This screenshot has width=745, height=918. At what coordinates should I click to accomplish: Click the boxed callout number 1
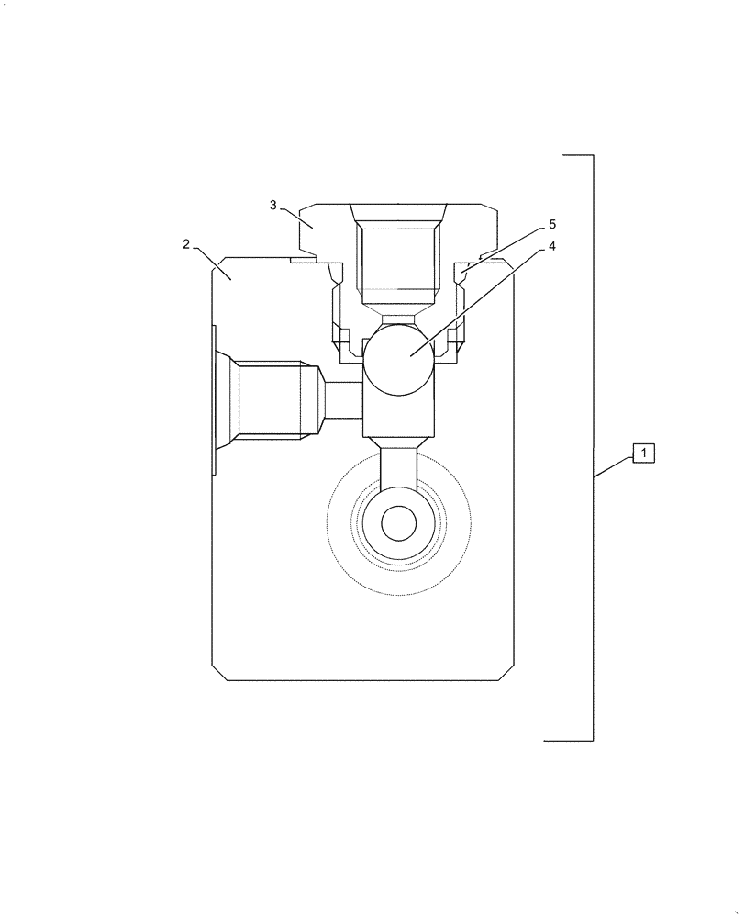643,453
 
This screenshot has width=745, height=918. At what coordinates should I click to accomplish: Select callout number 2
186,244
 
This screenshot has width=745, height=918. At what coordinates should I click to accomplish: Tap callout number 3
272,205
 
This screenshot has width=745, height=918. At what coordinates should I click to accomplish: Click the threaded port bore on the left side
275,399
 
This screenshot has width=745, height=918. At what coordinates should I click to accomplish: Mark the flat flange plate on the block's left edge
213,399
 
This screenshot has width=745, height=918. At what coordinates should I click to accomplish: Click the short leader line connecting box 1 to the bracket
612,465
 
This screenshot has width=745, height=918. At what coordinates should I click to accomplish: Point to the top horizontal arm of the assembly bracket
577,156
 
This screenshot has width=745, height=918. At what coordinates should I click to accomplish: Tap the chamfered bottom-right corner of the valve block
506,673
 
